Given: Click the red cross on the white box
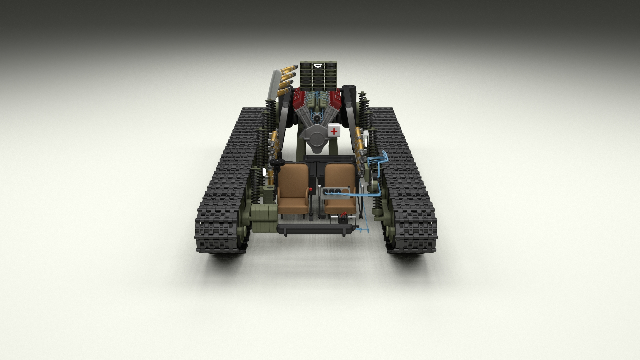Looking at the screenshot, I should tap(334, 131).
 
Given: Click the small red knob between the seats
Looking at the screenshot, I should tap(311, 190).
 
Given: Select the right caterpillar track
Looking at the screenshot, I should tap(407, 187).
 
